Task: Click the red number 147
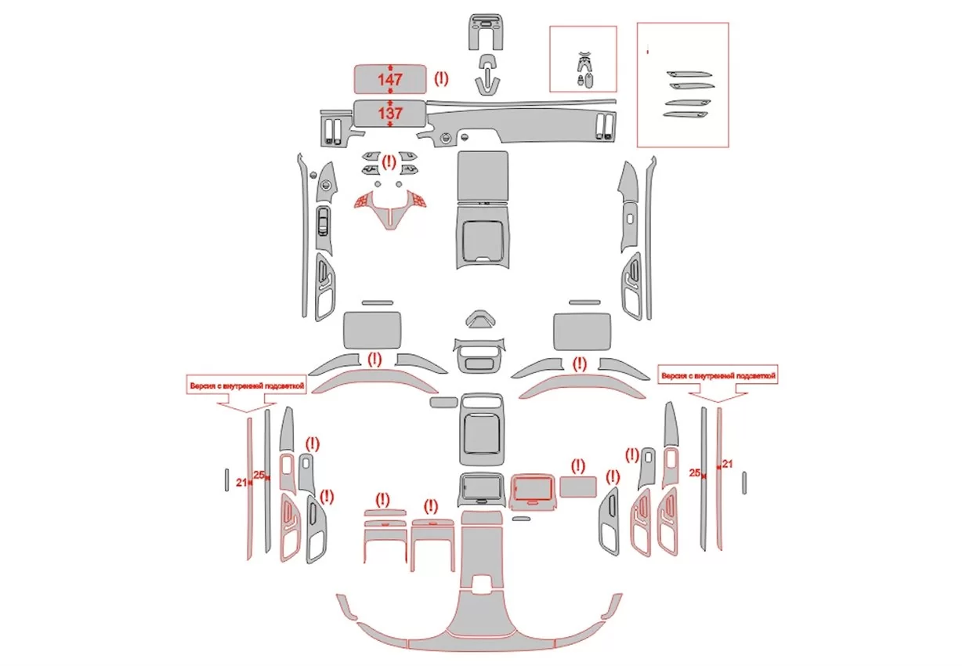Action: [390, 79]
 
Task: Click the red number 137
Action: [390, 113]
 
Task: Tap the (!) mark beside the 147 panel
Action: [441, 78]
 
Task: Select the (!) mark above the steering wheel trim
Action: [389, 163]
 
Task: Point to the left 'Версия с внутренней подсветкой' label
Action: [245, 385]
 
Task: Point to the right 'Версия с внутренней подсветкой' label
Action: [718, 377]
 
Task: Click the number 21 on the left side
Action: [241, 482]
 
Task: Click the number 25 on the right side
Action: [694, 473]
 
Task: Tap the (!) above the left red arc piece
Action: [374, 360]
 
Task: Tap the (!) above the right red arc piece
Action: [580, 364]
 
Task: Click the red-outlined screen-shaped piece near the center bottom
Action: [533, 490]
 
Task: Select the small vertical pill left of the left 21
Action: [226, 479]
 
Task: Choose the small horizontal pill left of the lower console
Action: [443, 402]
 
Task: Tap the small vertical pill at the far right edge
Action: [744, 482]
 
